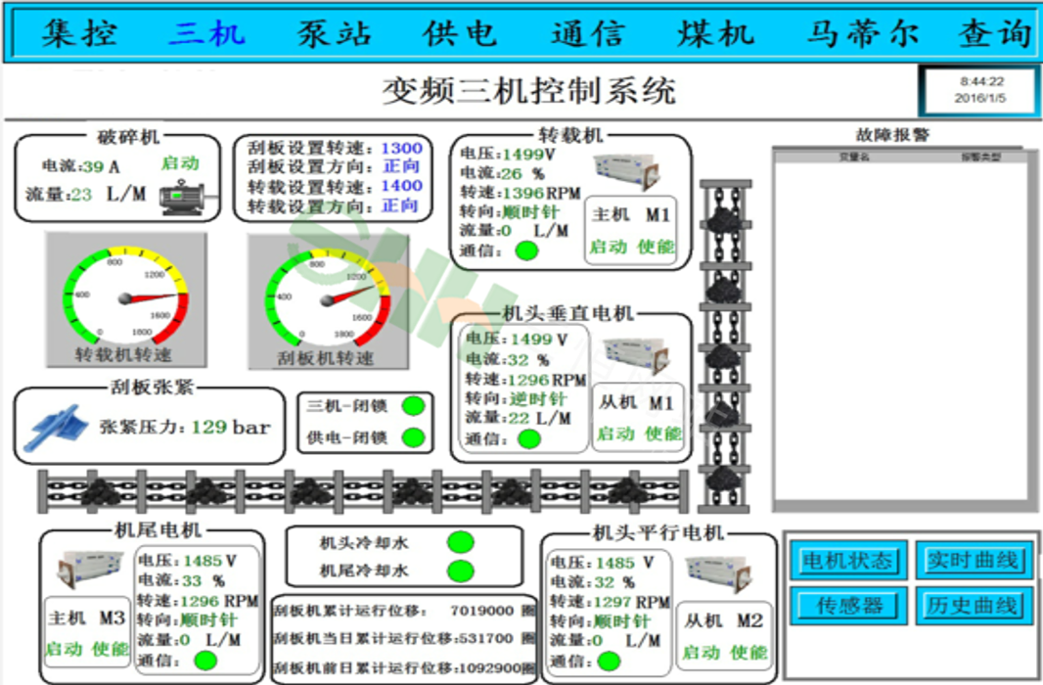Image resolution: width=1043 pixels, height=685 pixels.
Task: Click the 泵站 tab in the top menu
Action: point(335,34)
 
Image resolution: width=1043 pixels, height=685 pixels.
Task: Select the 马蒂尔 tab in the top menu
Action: point(862,34)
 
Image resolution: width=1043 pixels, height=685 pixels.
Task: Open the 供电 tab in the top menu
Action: point(460,34)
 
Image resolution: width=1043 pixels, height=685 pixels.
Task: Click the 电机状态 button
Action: point(847,561)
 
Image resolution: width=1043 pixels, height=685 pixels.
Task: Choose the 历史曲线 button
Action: point(973,606)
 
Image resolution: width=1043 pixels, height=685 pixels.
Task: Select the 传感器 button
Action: point(847,606)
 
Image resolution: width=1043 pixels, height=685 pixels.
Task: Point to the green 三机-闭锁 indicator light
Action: point(414,405)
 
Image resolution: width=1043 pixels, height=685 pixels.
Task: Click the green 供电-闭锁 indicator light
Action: point(414,436)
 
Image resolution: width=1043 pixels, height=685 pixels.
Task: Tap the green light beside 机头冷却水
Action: point(460,541)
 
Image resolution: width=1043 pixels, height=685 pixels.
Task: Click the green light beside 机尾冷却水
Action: point(460,571)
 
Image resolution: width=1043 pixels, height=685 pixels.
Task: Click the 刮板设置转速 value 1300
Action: point(401,148)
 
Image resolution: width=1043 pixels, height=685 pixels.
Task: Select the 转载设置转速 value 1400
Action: point(401,186)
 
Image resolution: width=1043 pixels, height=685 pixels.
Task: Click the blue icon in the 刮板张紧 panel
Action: point(57,426)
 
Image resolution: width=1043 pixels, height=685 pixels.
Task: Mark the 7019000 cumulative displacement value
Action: point(481,611)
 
